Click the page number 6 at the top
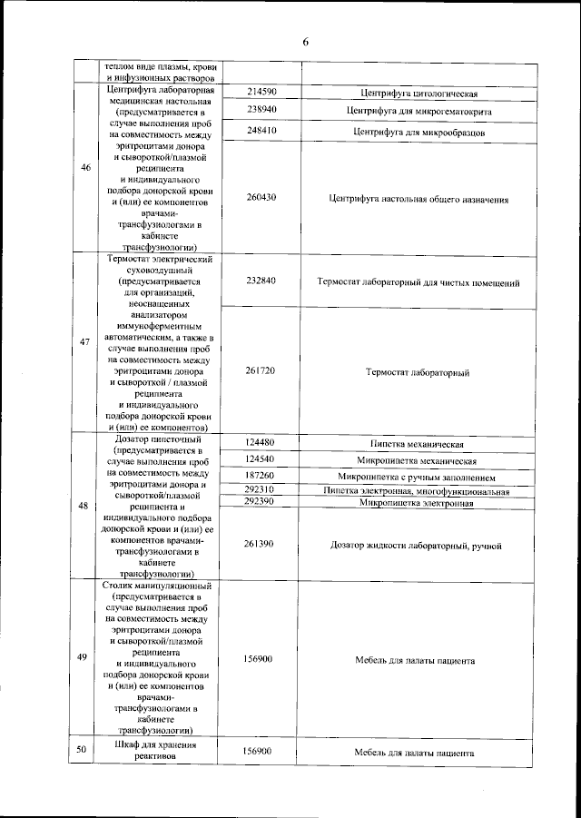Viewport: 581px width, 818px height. click(306, 42)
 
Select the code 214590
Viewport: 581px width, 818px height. click(261, 94)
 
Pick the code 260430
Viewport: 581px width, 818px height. click(261, 197)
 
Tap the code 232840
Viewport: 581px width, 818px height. click(261, 281)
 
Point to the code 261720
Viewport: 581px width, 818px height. click(261, 370)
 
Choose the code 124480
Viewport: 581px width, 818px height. click(261, 443)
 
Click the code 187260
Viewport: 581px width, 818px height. click(261, 475)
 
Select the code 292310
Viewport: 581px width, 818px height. click(261, 490)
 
